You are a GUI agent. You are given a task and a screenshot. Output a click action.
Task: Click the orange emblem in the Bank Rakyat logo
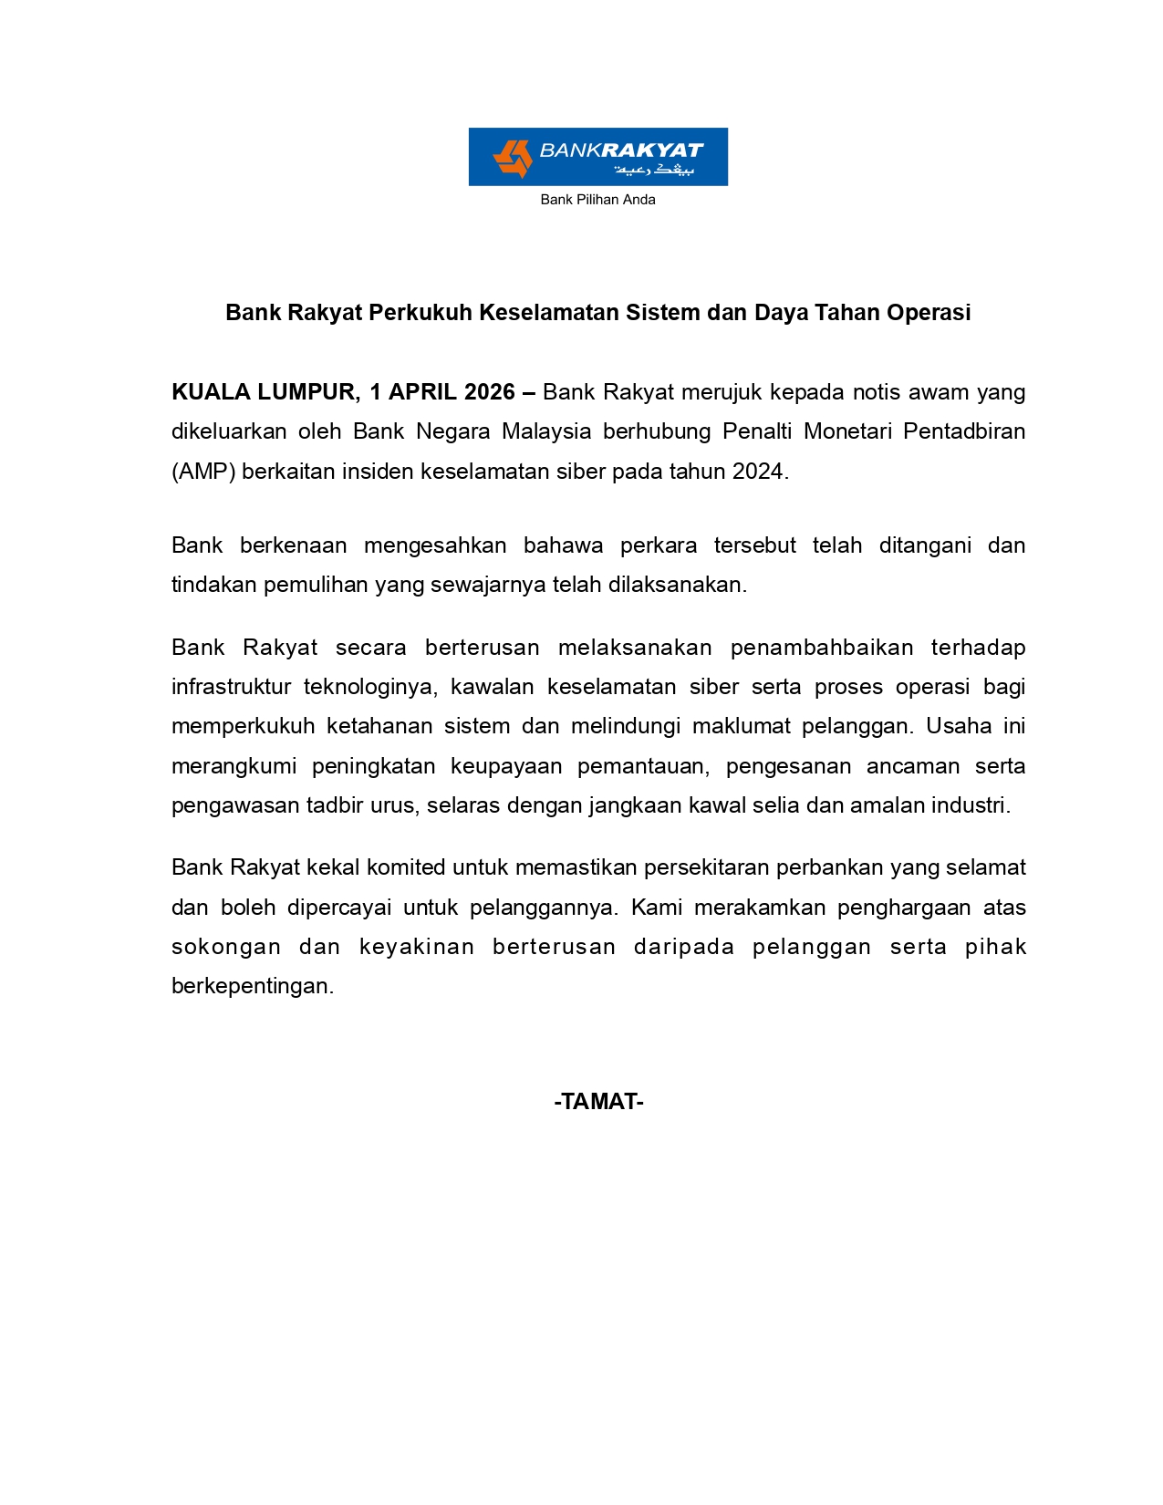512,158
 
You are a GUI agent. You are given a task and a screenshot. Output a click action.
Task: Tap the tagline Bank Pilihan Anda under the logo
597,200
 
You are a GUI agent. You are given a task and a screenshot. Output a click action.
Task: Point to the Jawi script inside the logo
654,171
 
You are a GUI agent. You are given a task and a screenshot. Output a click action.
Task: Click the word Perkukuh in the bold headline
421,313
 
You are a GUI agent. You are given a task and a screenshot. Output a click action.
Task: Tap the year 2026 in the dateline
490,392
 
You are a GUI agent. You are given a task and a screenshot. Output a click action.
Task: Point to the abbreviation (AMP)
203,472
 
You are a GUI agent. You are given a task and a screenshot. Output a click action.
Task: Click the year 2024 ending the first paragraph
759,472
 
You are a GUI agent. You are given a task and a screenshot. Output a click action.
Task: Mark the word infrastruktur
229,687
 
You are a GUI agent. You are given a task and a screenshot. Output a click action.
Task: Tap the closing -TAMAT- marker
598,1102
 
